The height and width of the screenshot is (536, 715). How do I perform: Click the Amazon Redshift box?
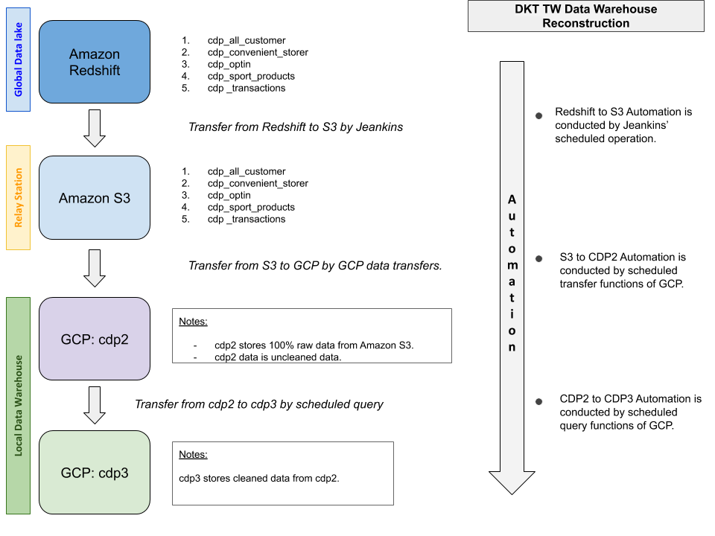tap(95, 62)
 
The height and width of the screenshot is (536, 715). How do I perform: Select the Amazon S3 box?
tap(95, 198)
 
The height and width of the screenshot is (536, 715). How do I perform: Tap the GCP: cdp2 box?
tap(95, 339)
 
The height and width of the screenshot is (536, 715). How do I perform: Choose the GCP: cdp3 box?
tap(95, 472)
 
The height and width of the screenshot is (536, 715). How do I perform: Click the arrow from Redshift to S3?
tap(95, 128)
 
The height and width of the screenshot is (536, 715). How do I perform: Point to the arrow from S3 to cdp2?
tap(95, 268)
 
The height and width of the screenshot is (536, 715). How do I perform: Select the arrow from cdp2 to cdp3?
tap(95, 405)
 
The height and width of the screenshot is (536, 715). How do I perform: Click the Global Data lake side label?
tap(19, 60)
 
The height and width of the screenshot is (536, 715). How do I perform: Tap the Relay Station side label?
tap(19, 197)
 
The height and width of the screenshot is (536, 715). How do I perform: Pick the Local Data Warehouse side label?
tap(19, 406)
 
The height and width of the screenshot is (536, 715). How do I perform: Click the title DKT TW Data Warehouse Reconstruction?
tap(586, 16)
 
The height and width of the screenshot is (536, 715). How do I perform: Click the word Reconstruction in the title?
tap(586, 23)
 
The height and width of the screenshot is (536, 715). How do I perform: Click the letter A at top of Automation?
tap(512, 200)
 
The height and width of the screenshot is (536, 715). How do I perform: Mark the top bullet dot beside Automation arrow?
tap(538, 116)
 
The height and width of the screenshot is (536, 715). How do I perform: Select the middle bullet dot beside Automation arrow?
tap(538, 259)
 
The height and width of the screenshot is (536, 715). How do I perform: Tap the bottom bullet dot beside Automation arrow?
tap(538, 402)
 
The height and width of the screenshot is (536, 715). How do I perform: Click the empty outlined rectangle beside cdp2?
tap(311, 336)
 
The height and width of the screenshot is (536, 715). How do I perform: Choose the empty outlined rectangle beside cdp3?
tap(282, 473)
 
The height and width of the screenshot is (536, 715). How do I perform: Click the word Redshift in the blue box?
tap(95, 71)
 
